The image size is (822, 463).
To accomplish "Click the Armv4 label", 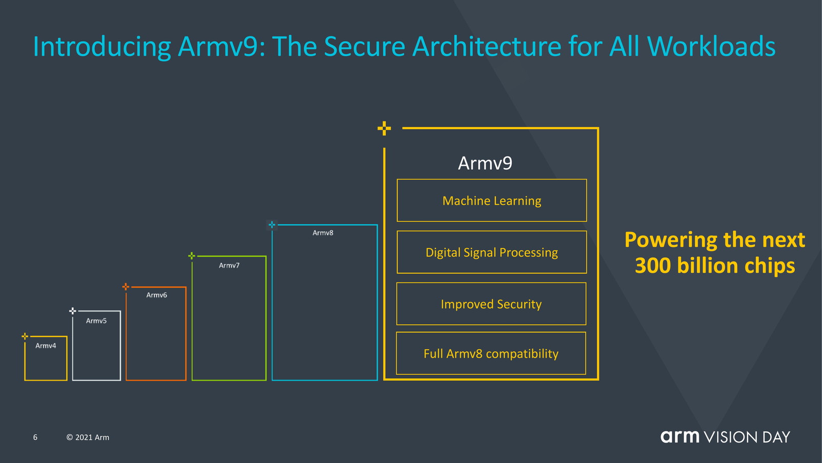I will tap(46, 346).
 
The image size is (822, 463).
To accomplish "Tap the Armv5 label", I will tap(96, 320).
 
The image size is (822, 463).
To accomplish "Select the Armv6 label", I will tap(156, 295).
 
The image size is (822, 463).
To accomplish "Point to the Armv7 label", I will tap(229, 265).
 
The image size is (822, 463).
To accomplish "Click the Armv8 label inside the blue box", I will tap(323, 233).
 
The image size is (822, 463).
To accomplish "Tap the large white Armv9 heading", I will tap(485, 163).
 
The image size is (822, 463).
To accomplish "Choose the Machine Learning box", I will tap(492, 201).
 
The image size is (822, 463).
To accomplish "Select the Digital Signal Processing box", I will tap(492, 252).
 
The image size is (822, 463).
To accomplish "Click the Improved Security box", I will tap(491, 304).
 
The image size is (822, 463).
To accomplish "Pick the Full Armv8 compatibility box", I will tap(491, 353).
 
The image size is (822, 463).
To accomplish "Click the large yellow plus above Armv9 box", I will tap(384, 128).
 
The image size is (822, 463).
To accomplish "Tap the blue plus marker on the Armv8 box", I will tap(272, 225).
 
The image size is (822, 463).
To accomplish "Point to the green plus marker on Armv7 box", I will tap(192, 256).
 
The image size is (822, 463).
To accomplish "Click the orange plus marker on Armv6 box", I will tap(126, 287).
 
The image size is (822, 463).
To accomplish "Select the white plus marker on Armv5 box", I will tap(72, 311).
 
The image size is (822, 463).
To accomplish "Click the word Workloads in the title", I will tap(711, 46).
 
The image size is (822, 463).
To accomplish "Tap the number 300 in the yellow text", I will tap(652, 266).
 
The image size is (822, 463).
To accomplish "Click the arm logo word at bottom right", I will tap(680, 437).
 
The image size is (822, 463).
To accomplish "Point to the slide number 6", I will tap(35, 437).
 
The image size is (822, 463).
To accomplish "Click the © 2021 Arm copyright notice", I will tap(88, 437).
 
